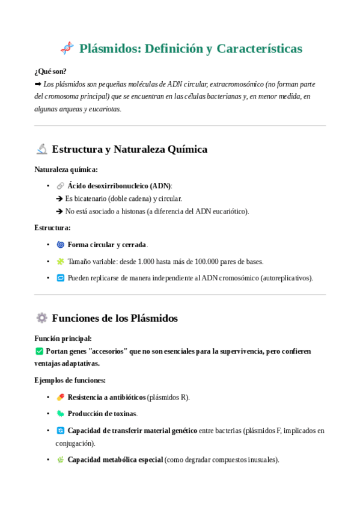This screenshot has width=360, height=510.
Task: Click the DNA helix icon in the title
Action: click(x=67, y=48)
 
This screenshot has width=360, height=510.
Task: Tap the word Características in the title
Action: click(x=259, y=49)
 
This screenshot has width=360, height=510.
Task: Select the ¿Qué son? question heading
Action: click(x=50, y=71)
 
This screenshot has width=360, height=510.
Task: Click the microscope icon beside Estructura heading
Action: click(x=41, y=149)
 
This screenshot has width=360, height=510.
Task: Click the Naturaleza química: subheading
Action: click(x=66, y=170)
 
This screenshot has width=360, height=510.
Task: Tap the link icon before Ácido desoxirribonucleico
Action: click(x=60, y=186)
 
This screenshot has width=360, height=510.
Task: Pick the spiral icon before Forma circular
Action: click(x=60, y=245)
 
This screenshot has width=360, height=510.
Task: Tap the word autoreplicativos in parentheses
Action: click(x=286, y=278)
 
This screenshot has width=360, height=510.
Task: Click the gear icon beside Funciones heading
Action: click(x=41, y=318)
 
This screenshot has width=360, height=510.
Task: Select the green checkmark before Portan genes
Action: click(x=39, y=351)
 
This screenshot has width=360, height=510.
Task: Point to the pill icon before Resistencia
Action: click(x=60, y=398)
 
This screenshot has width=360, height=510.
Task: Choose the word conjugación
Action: click(x=75, y=443)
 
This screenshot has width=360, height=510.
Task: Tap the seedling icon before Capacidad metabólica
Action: click(x=60, y=459)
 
